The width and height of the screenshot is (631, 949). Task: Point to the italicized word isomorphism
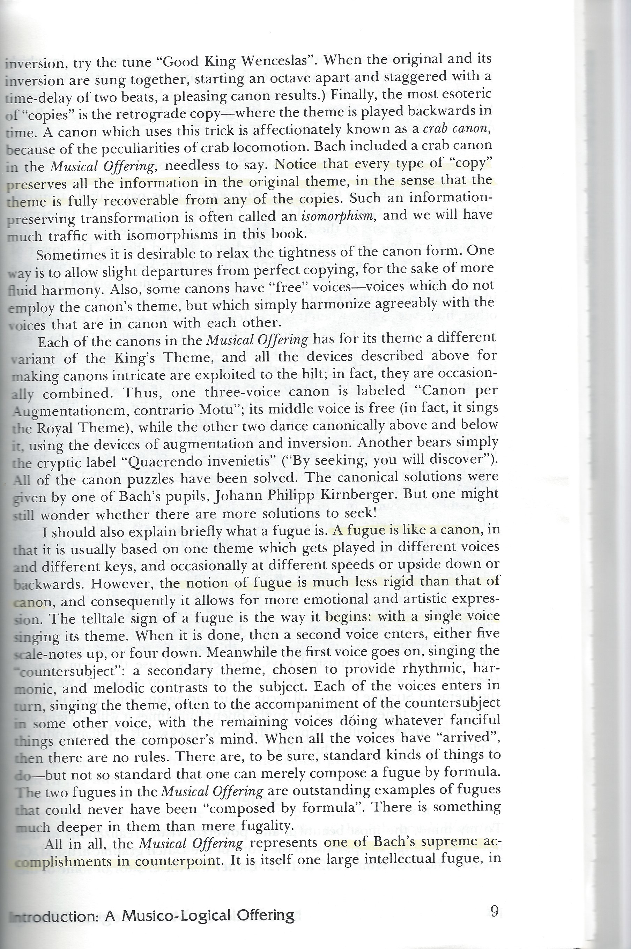pos(339,217)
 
